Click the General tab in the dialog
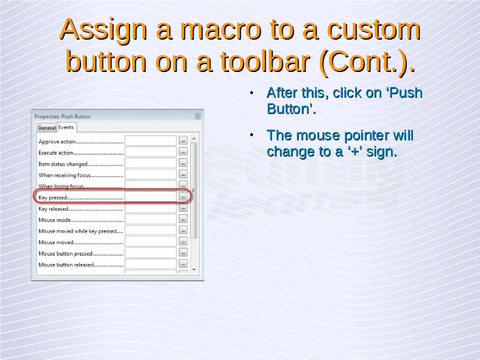pos(47,128)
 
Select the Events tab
pos(67,127)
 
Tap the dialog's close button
pos(198,116)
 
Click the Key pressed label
pos(53,198)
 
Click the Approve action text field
pos(151,141)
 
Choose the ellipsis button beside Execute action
pos(183,152)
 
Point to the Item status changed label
pos(63,164)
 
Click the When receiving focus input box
pos(151,175)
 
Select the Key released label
pos(53,209)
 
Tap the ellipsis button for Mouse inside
pos(183,219)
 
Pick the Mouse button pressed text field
pos(151,253)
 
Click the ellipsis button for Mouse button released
pos(183,264)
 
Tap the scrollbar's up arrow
pos(194,139)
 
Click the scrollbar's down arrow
pos(194,269)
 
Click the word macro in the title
pos(220,29)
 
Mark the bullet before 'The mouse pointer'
pos(251,135)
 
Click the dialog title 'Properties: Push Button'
pos(62,116)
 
